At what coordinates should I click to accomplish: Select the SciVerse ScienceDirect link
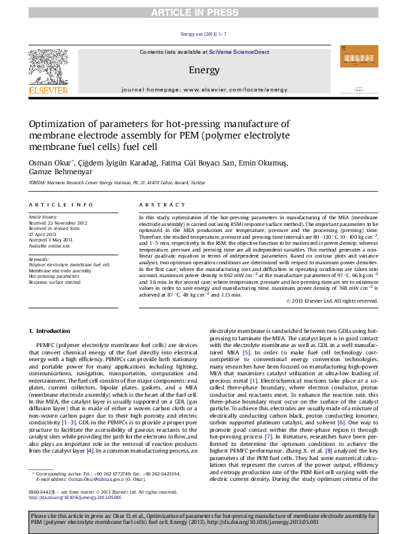(239, 52)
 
